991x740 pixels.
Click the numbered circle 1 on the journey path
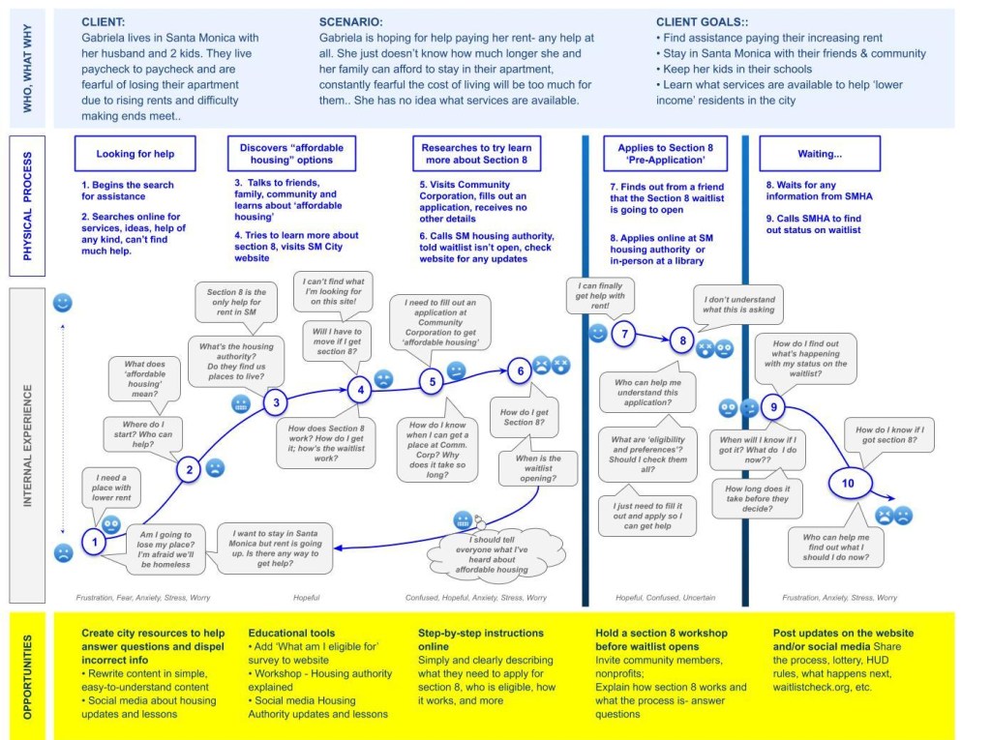click(95, 543)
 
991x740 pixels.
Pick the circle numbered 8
click(682, 340)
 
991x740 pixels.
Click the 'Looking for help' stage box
click(135, 153)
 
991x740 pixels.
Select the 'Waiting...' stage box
click(819, 153)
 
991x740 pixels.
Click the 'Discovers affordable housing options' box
click(291, 153)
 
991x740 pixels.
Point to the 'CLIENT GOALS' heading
click(705, 20)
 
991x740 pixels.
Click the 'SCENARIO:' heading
click(350, 20)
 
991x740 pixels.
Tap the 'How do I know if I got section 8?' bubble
click(889, 436)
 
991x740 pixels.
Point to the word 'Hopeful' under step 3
click(307, 598)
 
